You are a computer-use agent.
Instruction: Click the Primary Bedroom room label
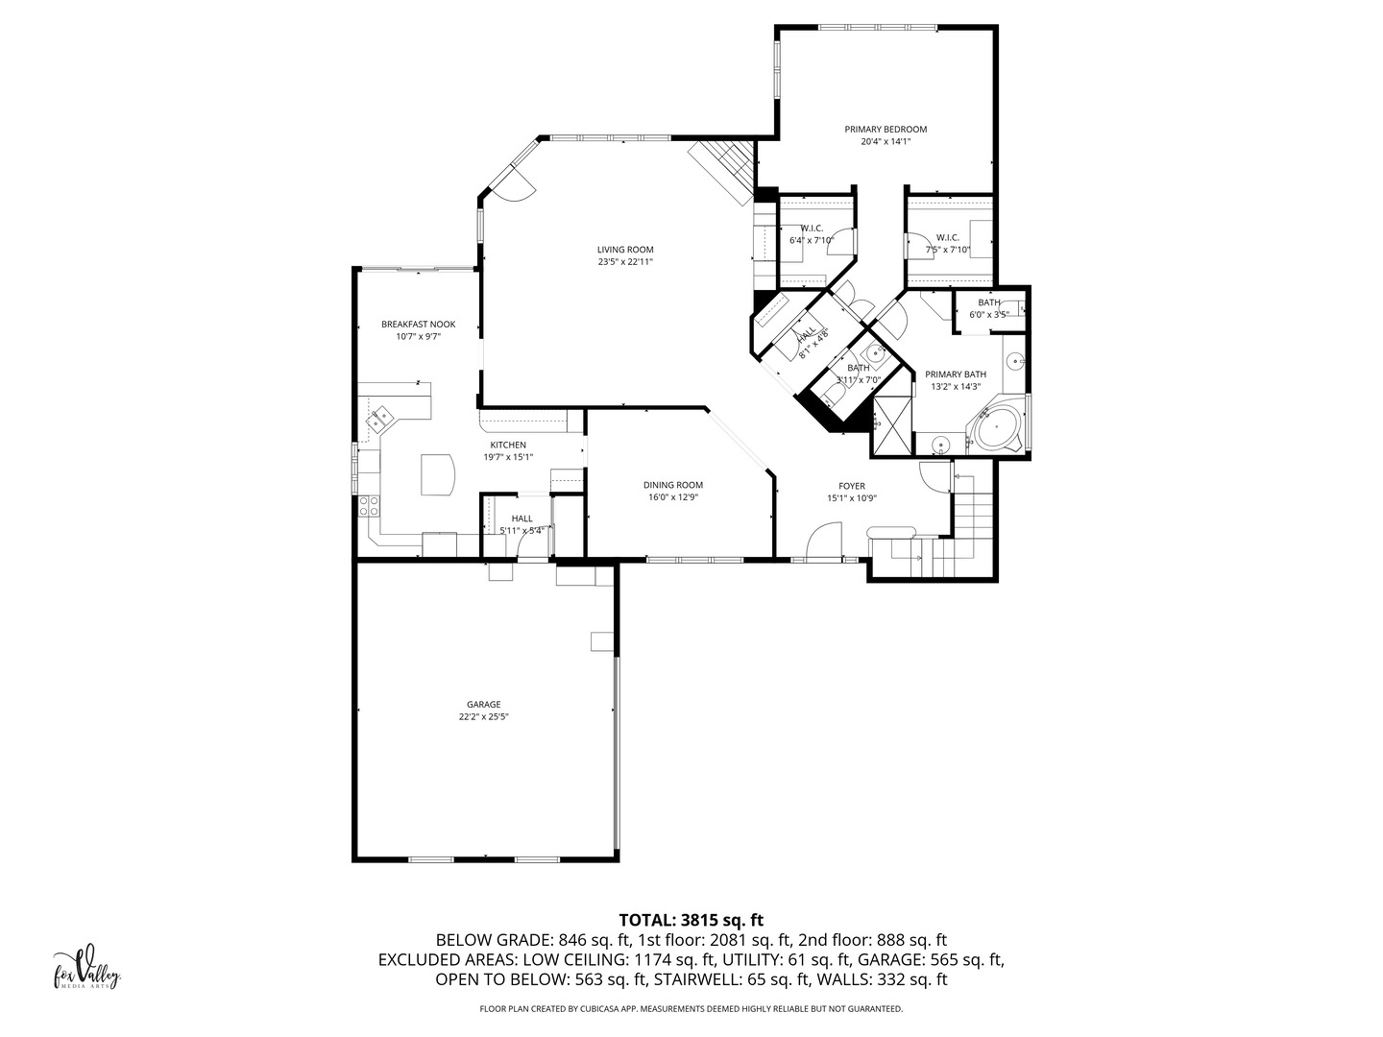click(885, 129)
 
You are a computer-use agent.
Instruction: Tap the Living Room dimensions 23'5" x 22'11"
click(625, 262)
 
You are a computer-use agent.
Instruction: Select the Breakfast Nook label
click(418, 325)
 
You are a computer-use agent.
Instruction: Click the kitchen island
click(438, 474)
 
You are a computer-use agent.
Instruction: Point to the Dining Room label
click(673, 485)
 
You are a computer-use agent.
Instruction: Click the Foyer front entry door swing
click(824, 540)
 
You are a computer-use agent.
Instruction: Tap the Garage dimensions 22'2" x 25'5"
click(483, 716)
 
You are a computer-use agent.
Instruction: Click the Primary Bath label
click(955, 374)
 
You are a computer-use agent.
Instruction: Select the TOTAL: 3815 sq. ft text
click(691, 920)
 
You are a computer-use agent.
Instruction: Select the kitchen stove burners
click(369, 505)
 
